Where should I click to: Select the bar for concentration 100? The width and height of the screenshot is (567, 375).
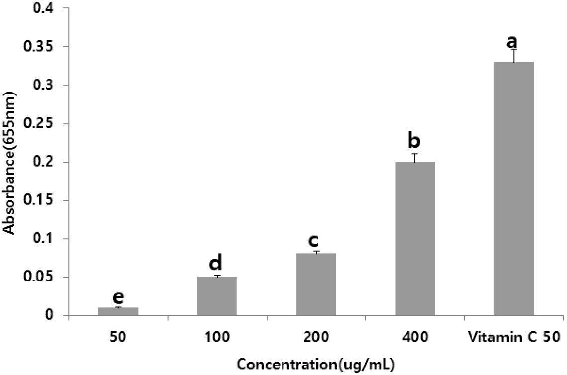217,296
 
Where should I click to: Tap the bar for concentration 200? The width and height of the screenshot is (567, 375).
316,284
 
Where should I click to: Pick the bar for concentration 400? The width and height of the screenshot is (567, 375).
415,239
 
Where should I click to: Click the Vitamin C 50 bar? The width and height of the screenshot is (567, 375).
513,189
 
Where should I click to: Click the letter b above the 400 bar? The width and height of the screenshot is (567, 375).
414,141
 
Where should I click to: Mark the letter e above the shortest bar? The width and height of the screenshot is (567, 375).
118,297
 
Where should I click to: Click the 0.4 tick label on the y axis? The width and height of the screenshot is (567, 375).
47,8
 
